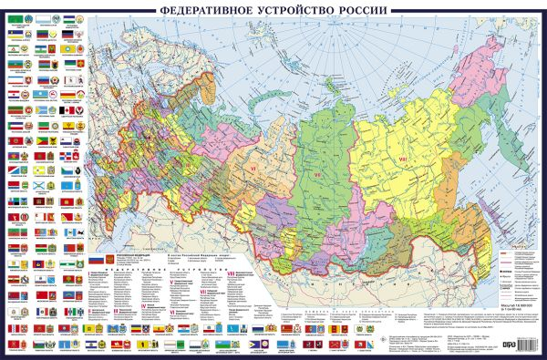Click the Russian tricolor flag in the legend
coord(96,261)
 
